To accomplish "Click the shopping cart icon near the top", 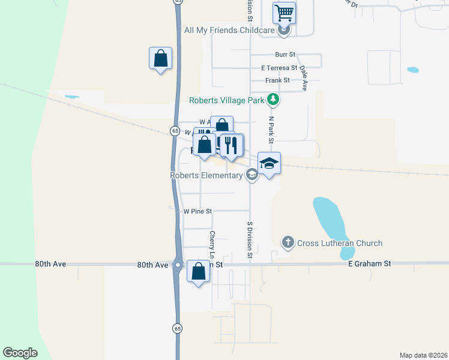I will (x=284, y=12).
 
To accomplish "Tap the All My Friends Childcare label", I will (x=229, y=30).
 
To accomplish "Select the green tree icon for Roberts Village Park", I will (x=273, y=99).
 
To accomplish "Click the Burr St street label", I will (x=286, y=55).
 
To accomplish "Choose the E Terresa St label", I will (x=279, y=68).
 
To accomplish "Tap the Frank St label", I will (x=278, y=80).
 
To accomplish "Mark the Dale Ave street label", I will (x=304, y=78).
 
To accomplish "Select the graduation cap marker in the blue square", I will (x=269, y=163).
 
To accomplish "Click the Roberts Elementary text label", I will (x=206, y=175).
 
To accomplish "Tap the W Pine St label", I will (x=198, y=211).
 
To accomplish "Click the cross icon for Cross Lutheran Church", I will (x=288, y=242).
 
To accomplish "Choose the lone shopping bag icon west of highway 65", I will (x=160, y=58).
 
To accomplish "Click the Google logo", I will (x=20, y=353).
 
